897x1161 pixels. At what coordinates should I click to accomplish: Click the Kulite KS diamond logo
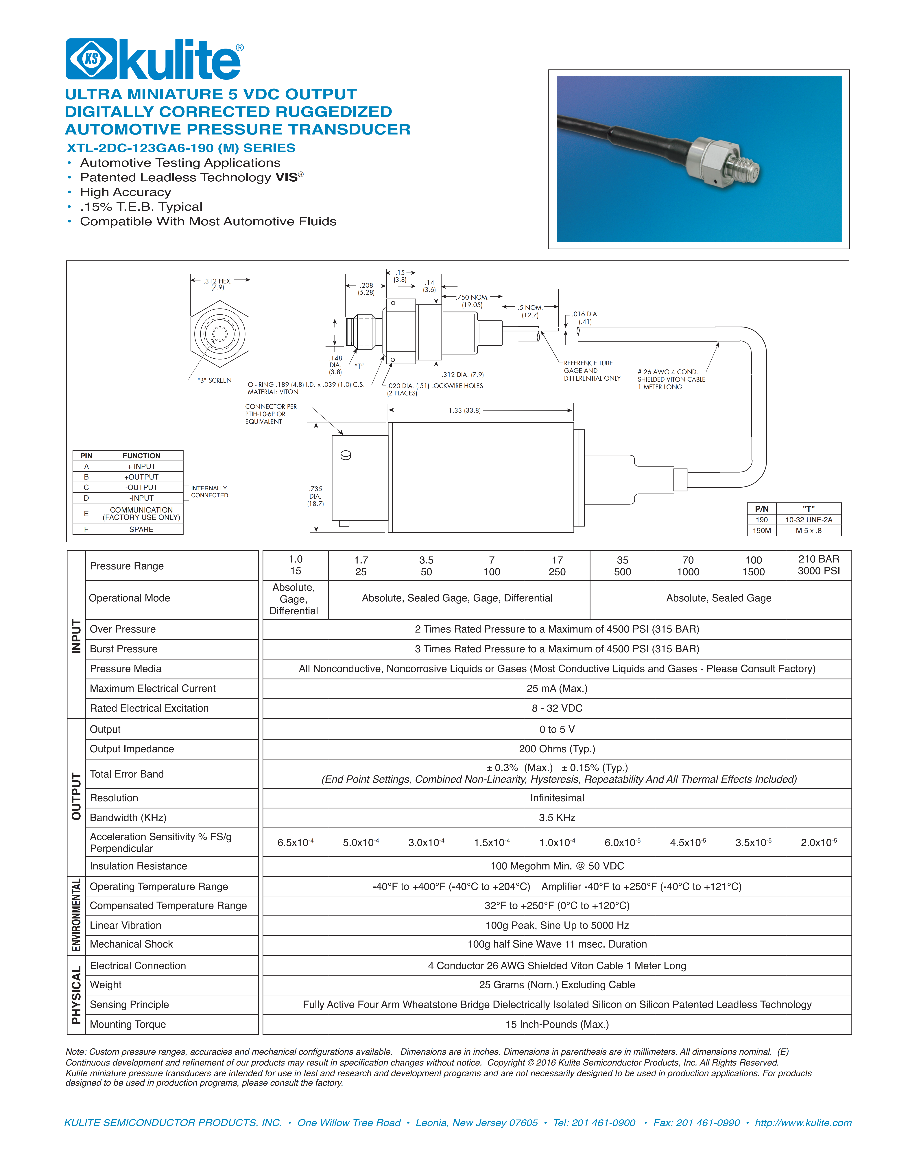tap(91, 59)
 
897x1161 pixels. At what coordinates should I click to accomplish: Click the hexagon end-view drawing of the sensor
tap(219, 334)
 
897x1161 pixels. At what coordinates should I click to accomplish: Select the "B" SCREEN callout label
tap(214, 380)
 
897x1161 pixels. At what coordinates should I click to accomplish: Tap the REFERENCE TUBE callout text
tap(588, 363)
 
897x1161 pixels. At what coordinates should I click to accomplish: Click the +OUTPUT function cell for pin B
tap(141, 477)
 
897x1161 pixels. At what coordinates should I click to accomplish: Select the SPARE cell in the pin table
tap(141, 529)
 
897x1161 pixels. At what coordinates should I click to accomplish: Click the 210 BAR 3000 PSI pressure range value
tap(819, 565)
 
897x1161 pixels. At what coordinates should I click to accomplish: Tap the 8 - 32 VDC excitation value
tap(557, 708)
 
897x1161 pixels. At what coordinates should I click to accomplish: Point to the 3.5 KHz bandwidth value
tap(557, 818)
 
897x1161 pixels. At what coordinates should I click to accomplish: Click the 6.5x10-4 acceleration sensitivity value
tap(296, 843)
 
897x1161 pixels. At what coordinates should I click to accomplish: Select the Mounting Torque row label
tap(128, 1024)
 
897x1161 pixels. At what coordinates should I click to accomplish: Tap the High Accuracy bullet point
tap(125, 192)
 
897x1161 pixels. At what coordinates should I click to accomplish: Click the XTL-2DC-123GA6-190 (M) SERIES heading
tap(181, 148)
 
